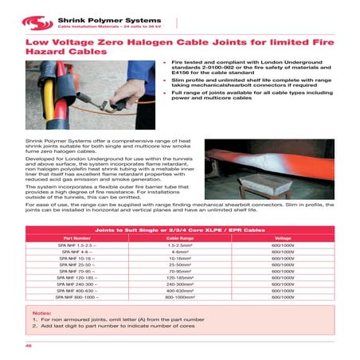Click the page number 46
pos(28,347)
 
